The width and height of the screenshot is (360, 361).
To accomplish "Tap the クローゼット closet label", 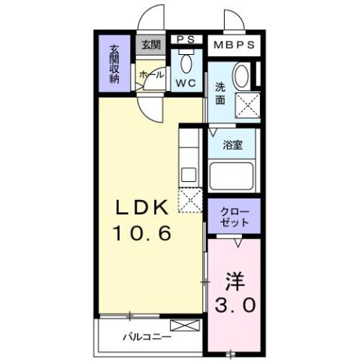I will [x=234, y=216].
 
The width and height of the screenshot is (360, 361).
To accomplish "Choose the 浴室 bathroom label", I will [x=232, y=145].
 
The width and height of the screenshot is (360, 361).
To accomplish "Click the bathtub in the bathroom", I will [x=233, y=177].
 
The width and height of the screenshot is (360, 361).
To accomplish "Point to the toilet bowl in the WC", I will [x=186, y=62].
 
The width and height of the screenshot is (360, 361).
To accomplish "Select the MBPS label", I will [x=234, y=44].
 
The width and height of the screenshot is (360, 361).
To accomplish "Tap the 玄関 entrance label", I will [x=149, y=44].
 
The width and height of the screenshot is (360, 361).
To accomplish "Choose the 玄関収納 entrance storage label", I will [x=115, y=64].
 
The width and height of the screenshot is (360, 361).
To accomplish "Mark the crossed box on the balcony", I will [x=185, y=326].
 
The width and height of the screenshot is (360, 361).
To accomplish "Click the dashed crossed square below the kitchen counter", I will [x=189, y=199].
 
